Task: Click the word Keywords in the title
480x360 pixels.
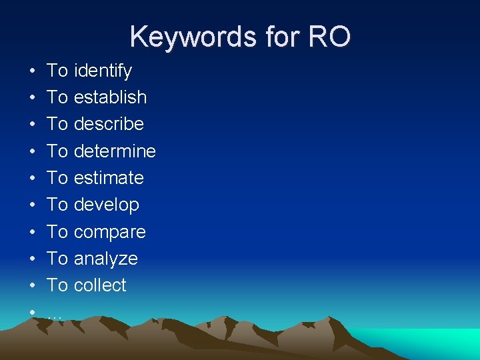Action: [187, 37]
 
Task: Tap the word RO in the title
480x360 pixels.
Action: [328, 37]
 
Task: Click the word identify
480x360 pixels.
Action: [103, 71]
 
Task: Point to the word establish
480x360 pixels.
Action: [110, 97]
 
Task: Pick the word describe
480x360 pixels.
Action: [109, 124]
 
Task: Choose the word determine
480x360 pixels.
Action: [115, 151]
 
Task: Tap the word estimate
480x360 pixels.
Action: [109, 178]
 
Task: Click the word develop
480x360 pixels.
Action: [107, 205]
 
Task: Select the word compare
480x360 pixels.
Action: [109, 232]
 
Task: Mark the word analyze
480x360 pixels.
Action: [105, 259]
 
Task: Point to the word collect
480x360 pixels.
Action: [100, 285]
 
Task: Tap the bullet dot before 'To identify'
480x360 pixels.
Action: [31, 71]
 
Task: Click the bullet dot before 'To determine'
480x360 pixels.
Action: [31, 151]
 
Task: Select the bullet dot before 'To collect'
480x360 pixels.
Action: [31, 285]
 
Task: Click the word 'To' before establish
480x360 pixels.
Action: [57, 97]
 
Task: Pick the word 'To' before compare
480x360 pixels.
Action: [57, 232]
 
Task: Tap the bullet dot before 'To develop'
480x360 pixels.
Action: [31, 205]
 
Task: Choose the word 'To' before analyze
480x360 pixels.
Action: [57, 259]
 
